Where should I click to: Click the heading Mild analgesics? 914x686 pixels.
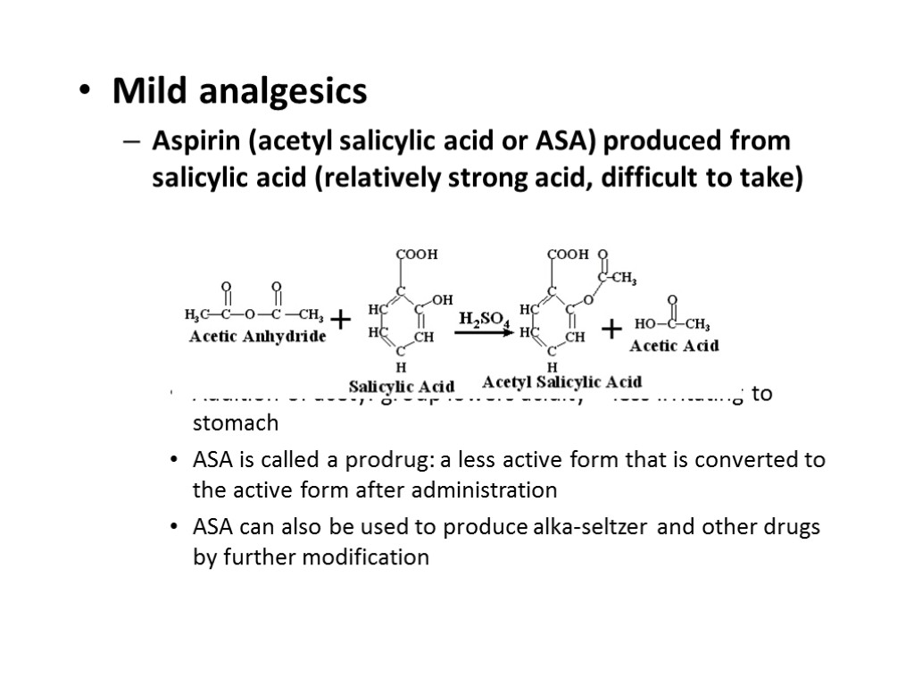[x=239, y=91]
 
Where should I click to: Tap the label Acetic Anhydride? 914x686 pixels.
[x=256, y=337]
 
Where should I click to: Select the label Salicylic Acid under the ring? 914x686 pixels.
[x=401, y=387]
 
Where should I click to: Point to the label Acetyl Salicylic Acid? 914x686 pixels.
[x=561, y=382]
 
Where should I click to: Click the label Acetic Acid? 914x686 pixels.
[x=674, y=345]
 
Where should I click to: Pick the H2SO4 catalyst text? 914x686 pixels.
[x=484, y=319]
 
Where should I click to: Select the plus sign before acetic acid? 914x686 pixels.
[x=611, y=330]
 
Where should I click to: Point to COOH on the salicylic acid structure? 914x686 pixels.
[x=417, y=255]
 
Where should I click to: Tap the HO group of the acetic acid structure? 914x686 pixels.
[x=644, y=323]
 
